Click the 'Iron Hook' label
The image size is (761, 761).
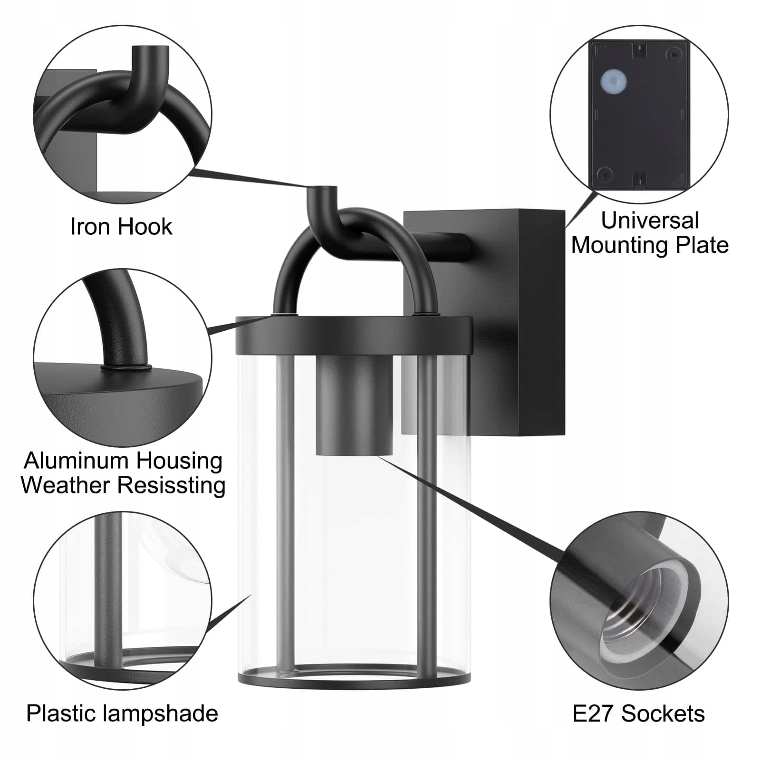point(121,226)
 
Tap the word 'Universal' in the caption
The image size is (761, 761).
point(650,221)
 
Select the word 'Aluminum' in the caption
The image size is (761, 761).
point(77,461)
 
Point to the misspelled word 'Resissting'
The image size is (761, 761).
point(171,486)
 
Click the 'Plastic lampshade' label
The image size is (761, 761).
point(122,713)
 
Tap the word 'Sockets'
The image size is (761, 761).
point(664,713)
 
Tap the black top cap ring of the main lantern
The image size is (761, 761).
point(354,335)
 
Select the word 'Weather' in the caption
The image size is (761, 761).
point(66,485)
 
